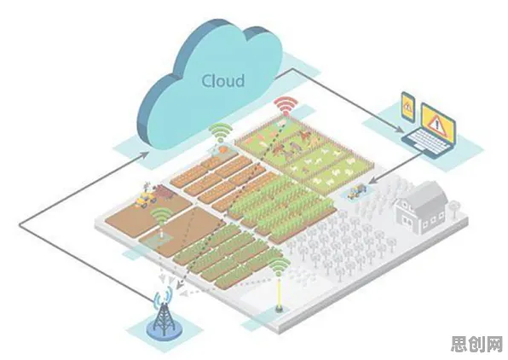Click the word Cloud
click(223, 81)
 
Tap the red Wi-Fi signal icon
click(286, 106)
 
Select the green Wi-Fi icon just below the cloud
click(221, 132)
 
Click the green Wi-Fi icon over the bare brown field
click(162, 216)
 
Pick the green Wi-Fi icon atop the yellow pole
click(280, 267)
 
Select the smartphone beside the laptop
click(408, 107)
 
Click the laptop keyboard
click(426, 142)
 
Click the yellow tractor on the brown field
click(145, 198)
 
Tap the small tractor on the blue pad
click(355, 191)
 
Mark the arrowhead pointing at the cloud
click(146, 154)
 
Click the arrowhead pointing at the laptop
click(400, 130)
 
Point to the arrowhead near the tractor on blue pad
click(372, 180)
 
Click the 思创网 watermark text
click(477, 344)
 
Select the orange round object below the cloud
click(223, 149)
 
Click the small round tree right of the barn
click(453, 207)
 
